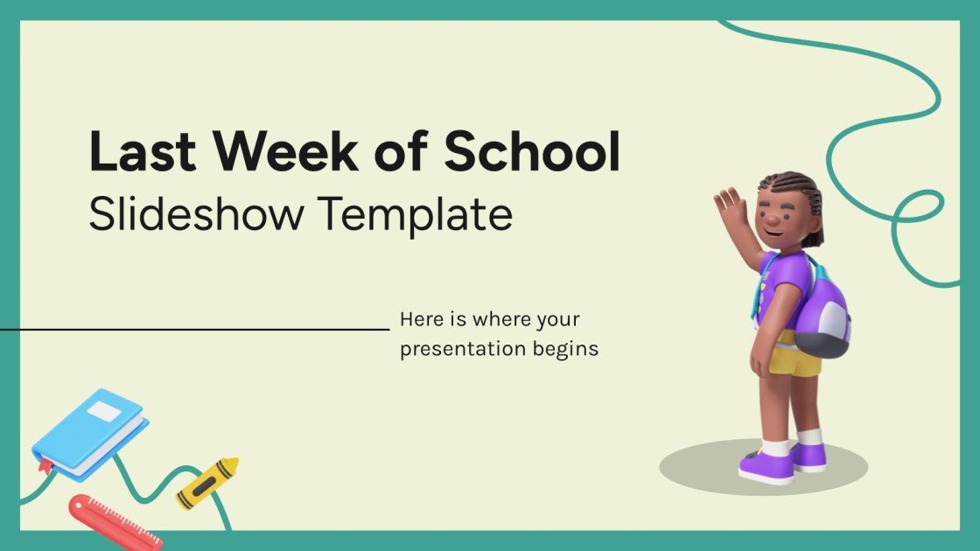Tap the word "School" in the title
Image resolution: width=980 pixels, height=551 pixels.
(x=532, y=152)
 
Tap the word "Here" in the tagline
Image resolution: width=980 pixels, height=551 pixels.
(x=418, y=320)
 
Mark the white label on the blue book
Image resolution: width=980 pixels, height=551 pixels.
(x=103, y=411)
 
